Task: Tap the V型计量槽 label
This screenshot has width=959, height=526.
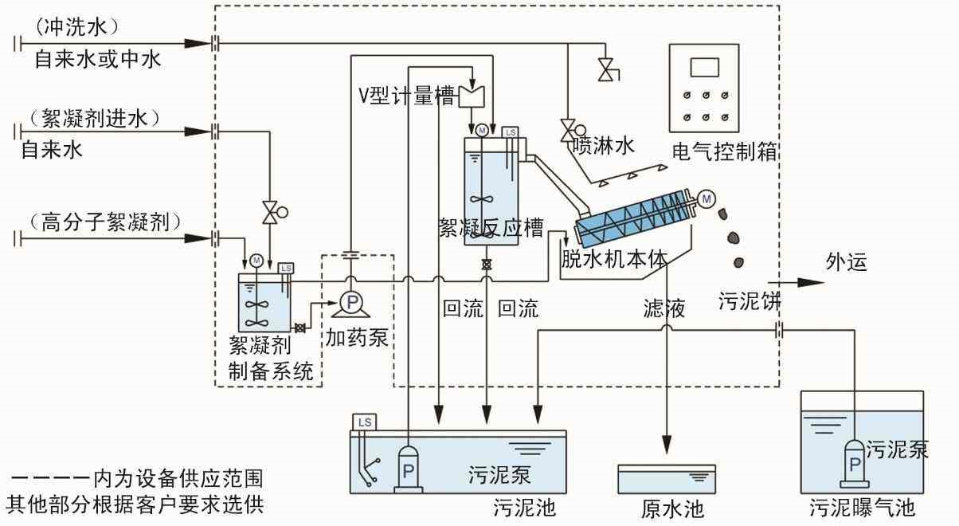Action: (x=406, y=96)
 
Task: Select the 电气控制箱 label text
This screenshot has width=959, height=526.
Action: (x=724, y=151)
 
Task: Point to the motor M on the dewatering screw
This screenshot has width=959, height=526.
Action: (x=705, y=198)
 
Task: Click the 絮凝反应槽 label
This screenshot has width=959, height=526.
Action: (x=491, y=229)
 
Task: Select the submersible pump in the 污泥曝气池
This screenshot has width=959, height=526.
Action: (x=855, y=461)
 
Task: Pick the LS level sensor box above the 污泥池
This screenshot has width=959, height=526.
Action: (x=365, y=422)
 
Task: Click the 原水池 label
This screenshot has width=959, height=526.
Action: (x=672, y=508)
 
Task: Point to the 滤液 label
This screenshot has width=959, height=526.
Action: (x=665, y=308)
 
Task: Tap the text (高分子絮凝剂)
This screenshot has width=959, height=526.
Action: (x=99, y=221)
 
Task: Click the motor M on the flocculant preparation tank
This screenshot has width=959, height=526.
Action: (x=256, y=259)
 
